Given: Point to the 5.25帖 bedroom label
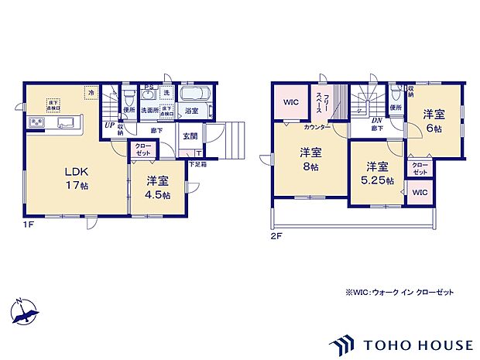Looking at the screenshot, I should coord(376,173).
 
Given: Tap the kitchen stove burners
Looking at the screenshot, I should coord(36,123).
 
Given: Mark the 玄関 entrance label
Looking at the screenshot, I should coord(190,137).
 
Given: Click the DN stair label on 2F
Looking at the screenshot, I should coord(376,121).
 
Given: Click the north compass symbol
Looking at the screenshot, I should coord(25,311).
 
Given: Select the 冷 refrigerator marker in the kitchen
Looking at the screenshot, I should coord(91,93).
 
